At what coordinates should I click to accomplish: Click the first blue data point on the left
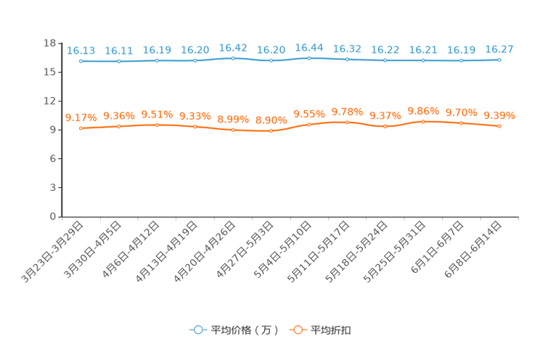[x=81, y=62]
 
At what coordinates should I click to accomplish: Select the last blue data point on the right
[x=499, y=60]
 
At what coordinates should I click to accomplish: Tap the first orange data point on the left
[x=81, y=128]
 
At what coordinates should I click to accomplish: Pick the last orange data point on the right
[x=499, y=126]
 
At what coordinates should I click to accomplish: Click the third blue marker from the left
[x=157, y=60]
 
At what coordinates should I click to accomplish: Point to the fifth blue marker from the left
[x=233, y=58]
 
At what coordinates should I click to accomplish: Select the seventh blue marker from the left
[x=309, y=58]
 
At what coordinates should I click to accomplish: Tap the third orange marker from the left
[x=157, y=125]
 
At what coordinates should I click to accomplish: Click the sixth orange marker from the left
[x=271, y=131]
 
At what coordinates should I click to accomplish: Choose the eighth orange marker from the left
[x=348, y=122]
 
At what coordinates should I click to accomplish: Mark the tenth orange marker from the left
[x=423, y=121]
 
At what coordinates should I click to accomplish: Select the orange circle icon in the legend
[x=298, y=330]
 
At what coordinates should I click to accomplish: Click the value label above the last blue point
[x=499, y=49]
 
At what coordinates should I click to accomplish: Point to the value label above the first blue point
[x=81, y=51]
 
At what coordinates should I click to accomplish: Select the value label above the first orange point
[x=81, y=117]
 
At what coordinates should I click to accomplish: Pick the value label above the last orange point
[x=499, y=115]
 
